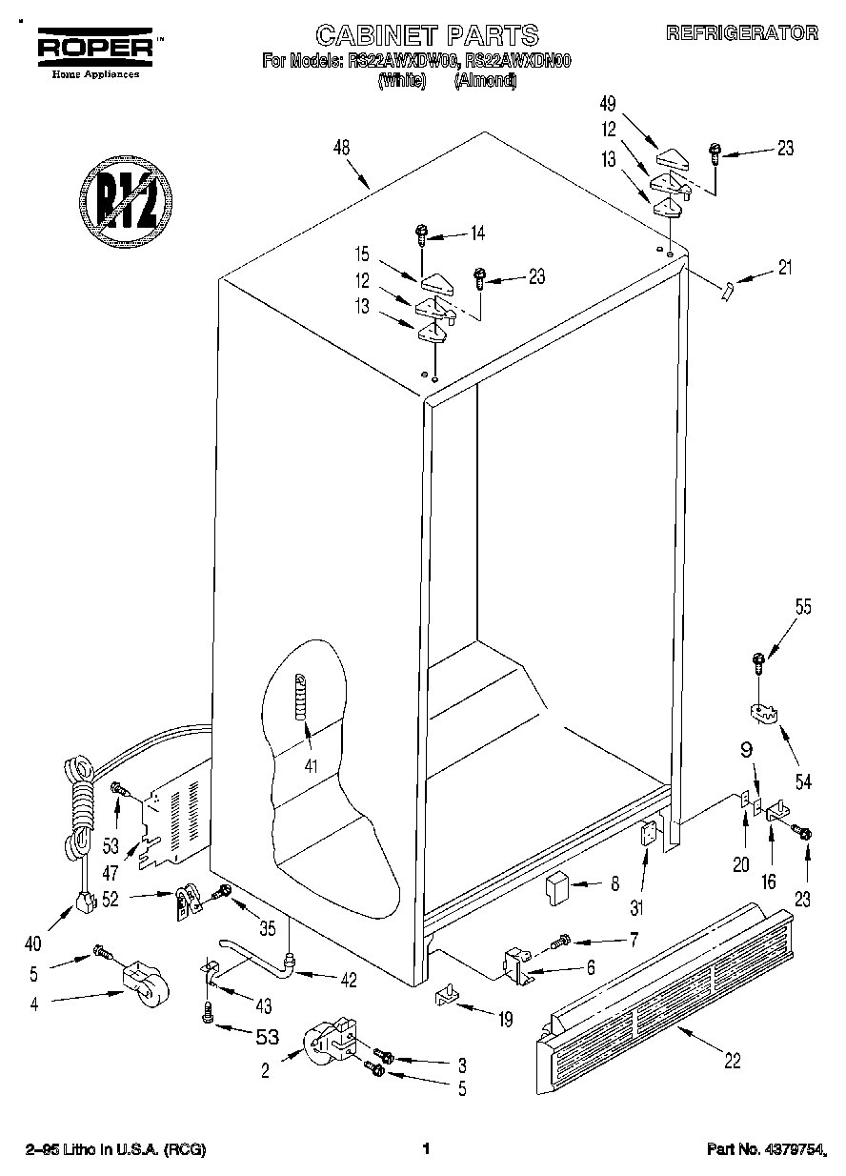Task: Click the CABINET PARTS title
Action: point(427,36)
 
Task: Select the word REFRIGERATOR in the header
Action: point(741,33)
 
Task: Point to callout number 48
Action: point(342,148)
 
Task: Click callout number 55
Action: point(803,607)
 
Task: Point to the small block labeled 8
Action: point(555,889)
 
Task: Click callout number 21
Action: point(785,268)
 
